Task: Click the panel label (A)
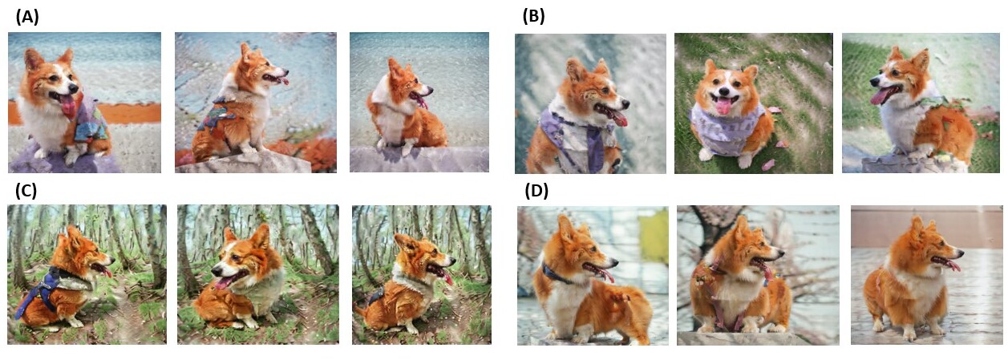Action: (27, 17)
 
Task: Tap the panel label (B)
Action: (533, 16)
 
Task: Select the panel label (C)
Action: (26, 190)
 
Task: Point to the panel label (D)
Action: (536, 191)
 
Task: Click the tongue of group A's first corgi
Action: (68, 106)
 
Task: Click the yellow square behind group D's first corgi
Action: (654, 236)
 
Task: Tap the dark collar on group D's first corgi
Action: (557, 274)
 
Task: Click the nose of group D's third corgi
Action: (960, 249)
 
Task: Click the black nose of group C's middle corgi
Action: (216, 271)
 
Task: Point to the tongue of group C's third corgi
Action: (446, 277)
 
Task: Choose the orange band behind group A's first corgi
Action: (122, 113)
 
